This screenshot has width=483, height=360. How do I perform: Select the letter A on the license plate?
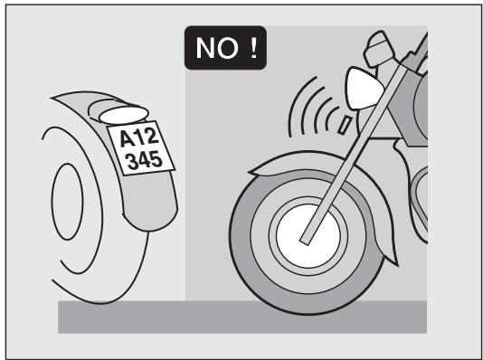pos(118,141)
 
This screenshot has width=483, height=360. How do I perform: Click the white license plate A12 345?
pos(134,149)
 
